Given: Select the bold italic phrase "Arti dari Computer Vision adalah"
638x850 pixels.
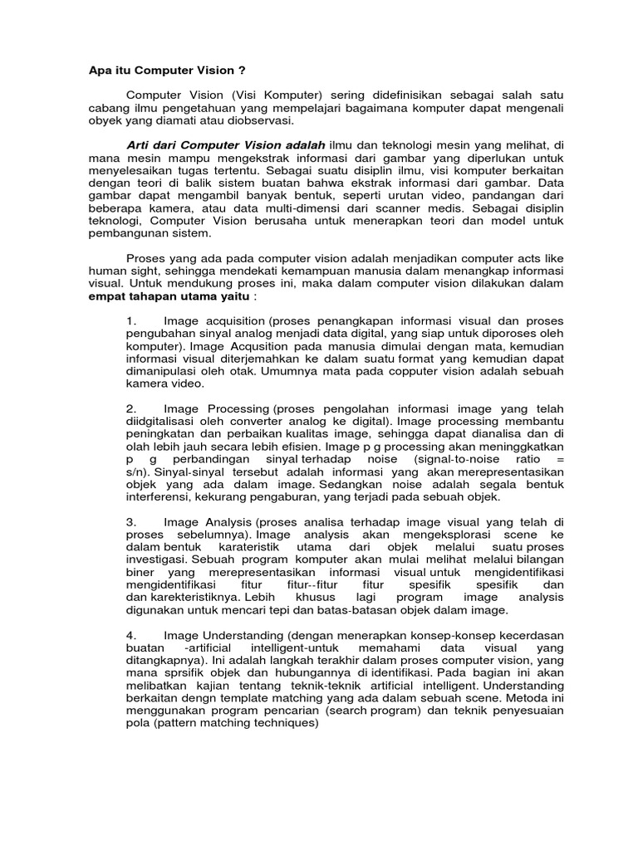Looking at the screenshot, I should (225, 145).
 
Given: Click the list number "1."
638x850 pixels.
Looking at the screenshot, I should (130, 321).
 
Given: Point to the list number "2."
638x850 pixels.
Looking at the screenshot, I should (131, 409).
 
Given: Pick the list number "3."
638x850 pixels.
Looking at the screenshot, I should (131, 521).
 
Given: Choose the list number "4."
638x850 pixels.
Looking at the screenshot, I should (131, 635).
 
